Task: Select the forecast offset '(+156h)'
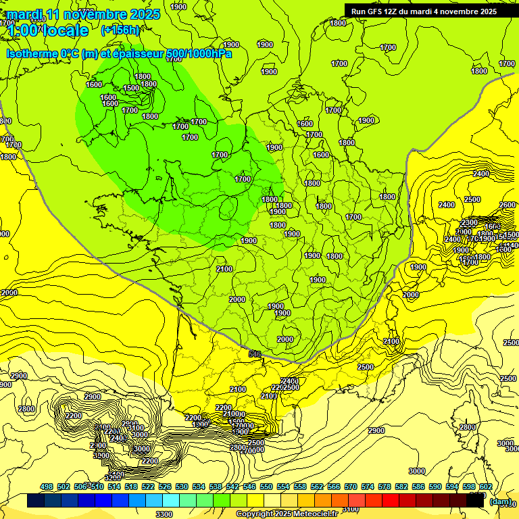tap(120, 30)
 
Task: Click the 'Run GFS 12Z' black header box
tap(424, 11)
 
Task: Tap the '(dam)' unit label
tap(500, 501)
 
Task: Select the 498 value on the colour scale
tap(47, 487)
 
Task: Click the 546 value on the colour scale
tap(249, 487)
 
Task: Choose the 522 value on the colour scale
tap(148, 487)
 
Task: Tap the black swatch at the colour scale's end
tap(475, 501)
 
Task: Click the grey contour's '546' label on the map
tap(255, 354)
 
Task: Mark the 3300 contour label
tap(164, 514)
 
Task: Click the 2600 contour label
tap(508, 205)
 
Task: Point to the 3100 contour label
tap(351, 509)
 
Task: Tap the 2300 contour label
tap(469, 223)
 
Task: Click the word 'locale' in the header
tap(64, 30)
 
